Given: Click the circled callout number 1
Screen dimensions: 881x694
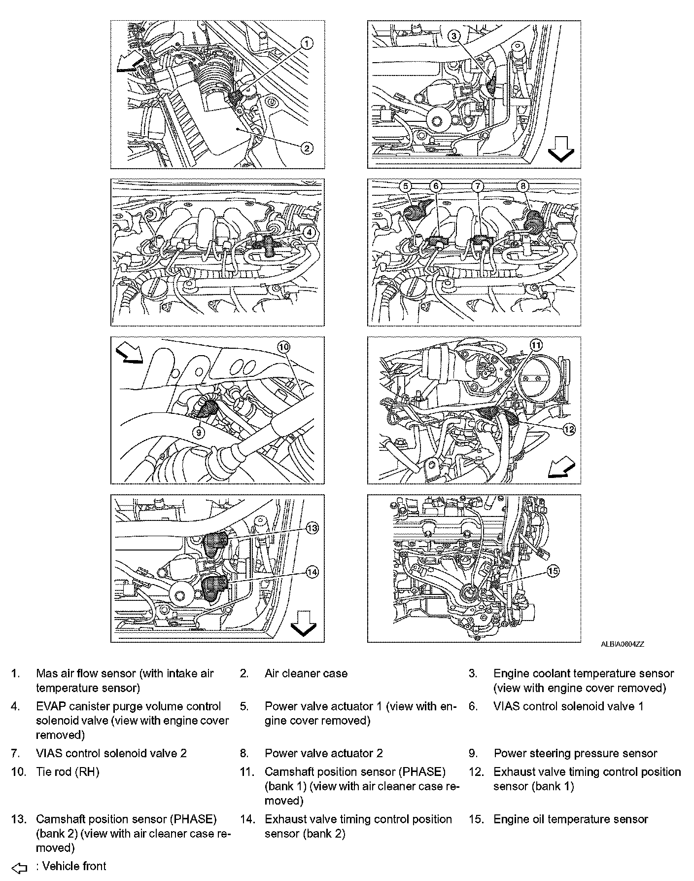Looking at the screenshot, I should [x=307, y=44].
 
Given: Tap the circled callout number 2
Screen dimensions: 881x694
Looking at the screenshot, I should [x=307, y=148].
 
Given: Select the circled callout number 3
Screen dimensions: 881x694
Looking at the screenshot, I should [x=454, y=36].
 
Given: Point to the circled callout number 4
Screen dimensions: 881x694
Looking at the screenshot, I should [x=308, y=232].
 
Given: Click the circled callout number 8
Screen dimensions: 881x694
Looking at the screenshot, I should [x=523, y=186].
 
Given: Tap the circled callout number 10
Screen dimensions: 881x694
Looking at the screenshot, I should [x=284, y=347].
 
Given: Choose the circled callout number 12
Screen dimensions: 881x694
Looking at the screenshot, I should [x=569, y=430].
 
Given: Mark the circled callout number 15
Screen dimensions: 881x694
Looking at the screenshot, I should [x=553, y=571].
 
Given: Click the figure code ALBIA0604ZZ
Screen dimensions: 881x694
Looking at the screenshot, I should [x=622, y=644].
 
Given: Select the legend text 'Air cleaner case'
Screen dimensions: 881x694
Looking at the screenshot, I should [x=306, y=674].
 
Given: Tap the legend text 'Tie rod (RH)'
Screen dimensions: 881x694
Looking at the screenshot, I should [x=68, y=772].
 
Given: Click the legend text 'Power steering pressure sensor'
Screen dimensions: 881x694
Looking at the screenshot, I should [x=575, y=754].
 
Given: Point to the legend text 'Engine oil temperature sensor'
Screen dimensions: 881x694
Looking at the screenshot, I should [x=570, y=819].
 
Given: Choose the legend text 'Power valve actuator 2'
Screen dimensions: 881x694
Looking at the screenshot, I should [x=323, y=754].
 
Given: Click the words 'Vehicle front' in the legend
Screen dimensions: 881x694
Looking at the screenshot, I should [x=74, y=867].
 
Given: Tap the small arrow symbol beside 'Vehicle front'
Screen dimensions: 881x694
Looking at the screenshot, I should [x=19, y=868].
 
